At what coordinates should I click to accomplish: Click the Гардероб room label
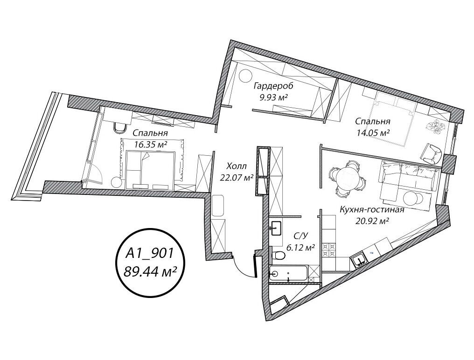pos(273,86)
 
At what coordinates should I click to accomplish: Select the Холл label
pos(237,166)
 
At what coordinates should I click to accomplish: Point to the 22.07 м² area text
pos(237,178)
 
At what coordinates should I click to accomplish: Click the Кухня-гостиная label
pos(372,210)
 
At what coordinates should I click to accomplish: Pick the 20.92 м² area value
pos(372,222)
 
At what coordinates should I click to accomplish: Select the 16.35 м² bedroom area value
pos(151,145)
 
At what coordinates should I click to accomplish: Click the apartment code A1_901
pos(149,253)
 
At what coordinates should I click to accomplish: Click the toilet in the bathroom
pos(278,256)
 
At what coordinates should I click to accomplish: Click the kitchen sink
pos(359,260)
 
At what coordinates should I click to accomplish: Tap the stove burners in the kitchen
pos(328,249)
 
